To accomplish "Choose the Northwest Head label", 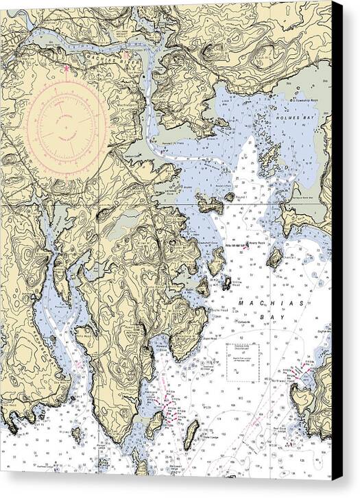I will [304, 389].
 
